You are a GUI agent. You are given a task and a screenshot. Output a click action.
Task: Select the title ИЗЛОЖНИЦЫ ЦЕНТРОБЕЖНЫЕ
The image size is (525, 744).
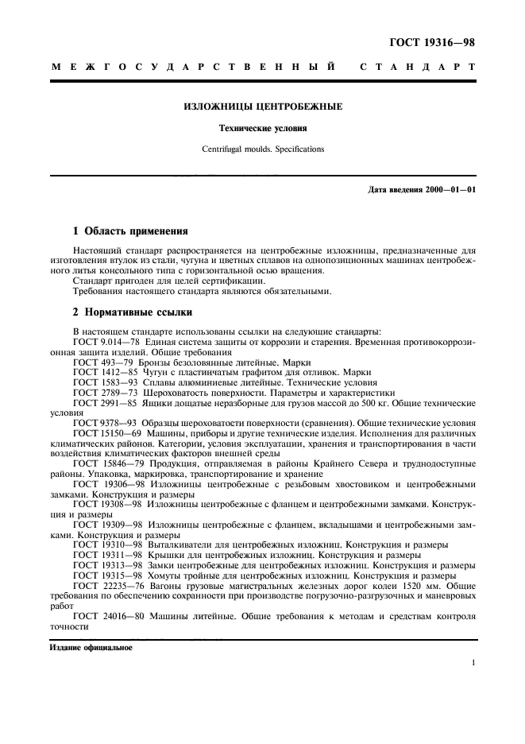263,106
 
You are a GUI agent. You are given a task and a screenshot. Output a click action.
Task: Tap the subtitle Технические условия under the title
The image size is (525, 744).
263,127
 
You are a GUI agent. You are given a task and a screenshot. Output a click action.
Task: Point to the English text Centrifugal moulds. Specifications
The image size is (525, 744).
263,148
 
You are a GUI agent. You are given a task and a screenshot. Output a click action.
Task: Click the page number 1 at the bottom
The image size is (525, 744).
473,662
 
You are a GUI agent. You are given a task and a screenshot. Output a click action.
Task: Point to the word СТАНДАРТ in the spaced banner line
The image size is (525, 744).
418,68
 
